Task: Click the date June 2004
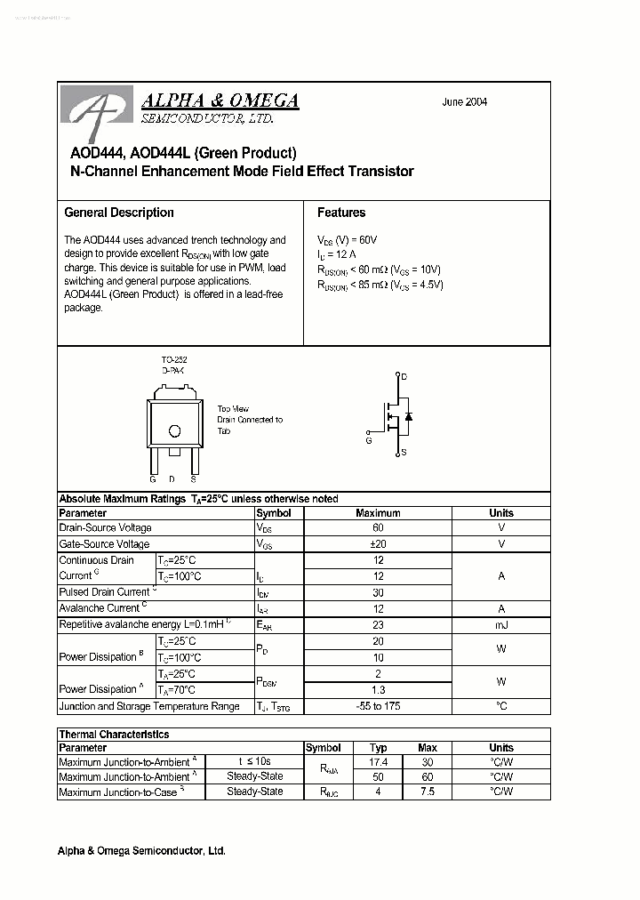click(x=464, y=102)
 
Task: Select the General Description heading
click(x=119, y=213)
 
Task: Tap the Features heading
click(x=341, y=213)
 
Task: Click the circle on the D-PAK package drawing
click(x=174, y=431)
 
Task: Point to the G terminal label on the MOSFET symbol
click(x=368, y=439)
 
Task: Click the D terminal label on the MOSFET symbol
click(x=404, y=378)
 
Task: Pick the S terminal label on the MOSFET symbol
click(x=404, y=453)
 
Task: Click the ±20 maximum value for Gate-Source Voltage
click(x=378, y=544)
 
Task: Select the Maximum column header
click(x=378, y=513)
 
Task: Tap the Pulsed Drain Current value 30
click(x=378, y=592)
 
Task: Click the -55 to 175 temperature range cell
click(x=378, y=706)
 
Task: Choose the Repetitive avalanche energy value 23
click(x=378, y=625)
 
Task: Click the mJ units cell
click(x=501, y=625)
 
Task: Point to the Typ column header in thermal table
click(x=379, y=748)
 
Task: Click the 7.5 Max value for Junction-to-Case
click(x=428, y=792)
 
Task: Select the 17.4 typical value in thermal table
click(x=379, y=762)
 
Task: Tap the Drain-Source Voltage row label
click(x=105, y=528)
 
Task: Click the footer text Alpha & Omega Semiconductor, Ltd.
click(x=141, y=851)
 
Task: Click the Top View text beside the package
click(x=233, y=409)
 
